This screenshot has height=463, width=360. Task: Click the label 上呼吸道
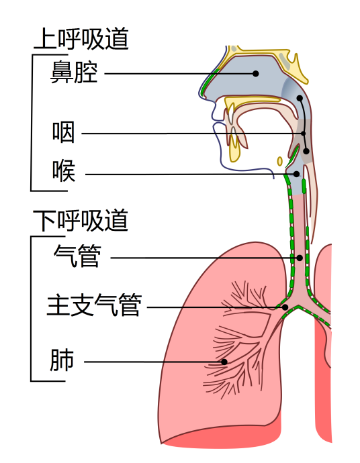[x=81, y=40]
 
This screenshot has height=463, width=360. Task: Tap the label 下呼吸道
[x=81, y=219]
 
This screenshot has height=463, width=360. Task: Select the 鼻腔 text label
[x=74, y=72]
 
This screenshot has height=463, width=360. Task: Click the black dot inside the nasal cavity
[x=255, y=73]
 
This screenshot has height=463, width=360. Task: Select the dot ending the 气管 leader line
[x=300, y=257]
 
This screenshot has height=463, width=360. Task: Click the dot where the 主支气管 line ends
[x=285, y=307]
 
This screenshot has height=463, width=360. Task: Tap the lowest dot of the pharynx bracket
[x=306, y=151]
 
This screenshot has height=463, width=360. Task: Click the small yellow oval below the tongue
[x=280, y=161]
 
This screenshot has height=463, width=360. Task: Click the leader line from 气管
[x=201, y=257]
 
